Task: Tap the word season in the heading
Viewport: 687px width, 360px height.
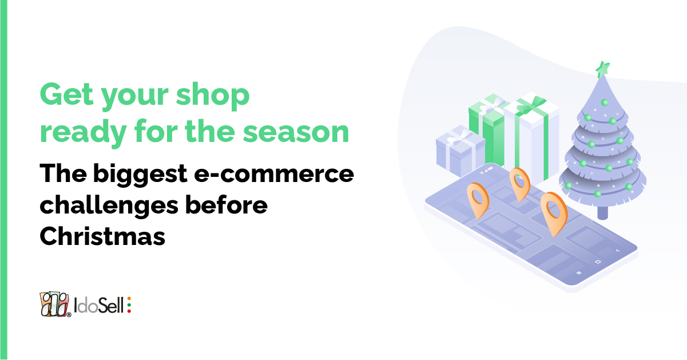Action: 296,132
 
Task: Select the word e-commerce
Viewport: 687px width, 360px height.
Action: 274,173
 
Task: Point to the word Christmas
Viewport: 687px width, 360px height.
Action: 102,236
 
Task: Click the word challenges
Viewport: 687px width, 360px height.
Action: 109,205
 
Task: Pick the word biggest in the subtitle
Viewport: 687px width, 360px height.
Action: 140,175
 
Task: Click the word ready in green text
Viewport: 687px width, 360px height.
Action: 83,132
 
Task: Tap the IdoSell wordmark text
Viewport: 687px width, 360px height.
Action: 98,306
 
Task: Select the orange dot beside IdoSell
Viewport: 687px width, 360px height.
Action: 129,299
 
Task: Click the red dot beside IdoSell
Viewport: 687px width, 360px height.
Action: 129,311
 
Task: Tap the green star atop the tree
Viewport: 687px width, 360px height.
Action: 602,69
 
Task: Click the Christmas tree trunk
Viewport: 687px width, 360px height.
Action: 603,213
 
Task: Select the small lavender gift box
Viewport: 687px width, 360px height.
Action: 460,151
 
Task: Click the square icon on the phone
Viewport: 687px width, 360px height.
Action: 598,262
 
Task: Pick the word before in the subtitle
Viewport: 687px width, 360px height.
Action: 227,205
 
